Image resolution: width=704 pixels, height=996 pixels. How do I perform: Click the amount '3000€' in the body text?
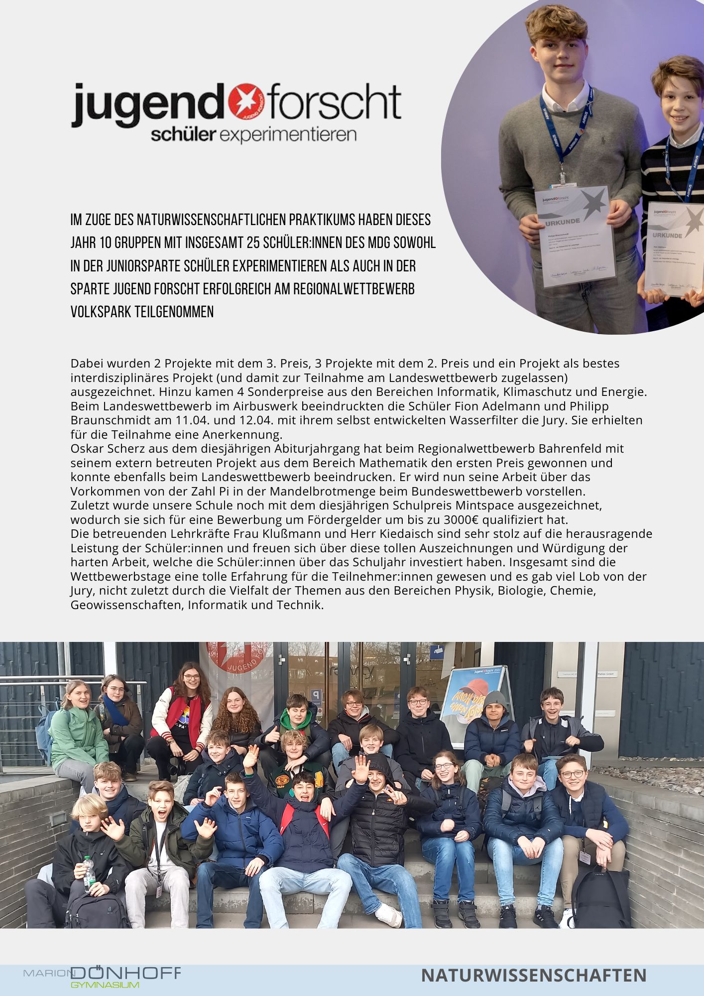tap(461, 520)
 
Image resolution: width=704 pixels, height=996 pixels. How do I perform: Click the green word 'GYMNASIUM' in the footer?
tap(105, 985)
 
